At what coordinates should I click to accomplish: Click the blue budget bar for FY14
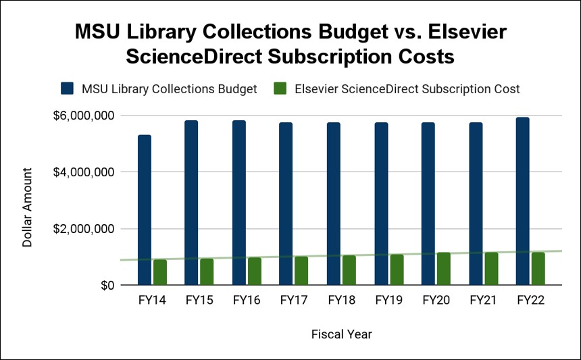(x=145, y=210)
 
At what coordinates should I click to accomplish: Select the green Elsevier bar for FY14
(x=160, y=272)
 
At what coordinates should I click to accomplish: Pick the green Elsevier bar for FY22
(x=538, y=268)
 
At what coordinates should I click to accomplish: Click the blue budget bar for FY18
(x=333, y=204)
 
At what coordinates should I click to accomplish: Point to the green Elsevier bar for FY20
(x=443, y=268)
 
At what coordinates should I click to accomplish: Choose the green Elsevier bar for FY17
(x=301, y=271)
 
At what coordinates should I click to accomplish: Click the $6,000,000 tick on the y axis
(x=83, y=115)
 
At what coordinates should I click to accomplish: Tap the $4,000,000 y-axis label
(x=83, y=172)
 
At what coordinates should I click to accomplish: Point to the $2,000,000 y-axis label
(x=83, y=229)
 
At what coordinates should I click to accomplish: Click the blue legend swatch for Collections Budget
(x=67, y=88)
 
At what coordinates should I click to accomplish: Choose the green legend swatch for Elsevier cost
(x=282, y=88)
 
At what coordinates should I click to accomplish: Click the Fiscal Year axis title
(x=341, y=334)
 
